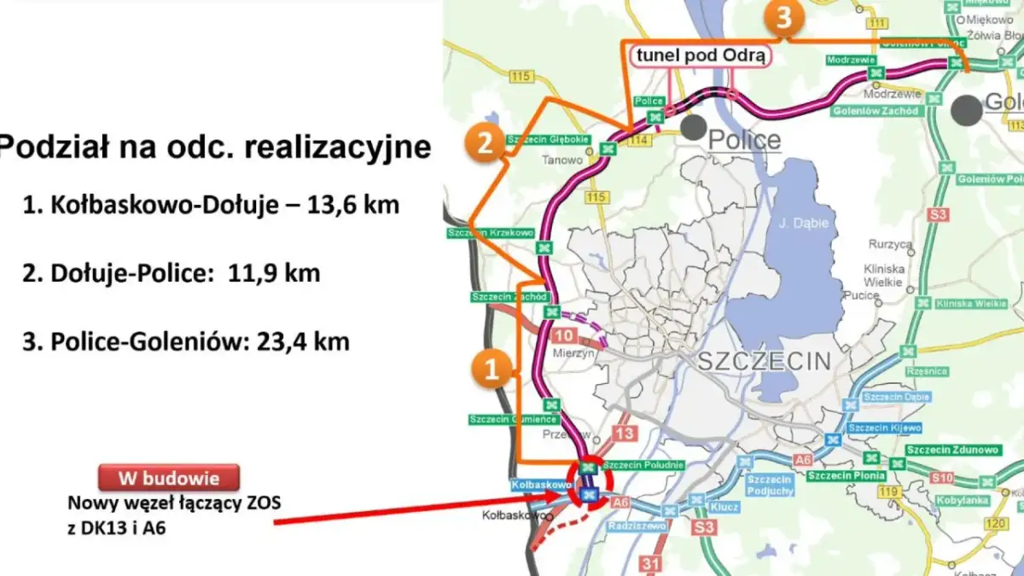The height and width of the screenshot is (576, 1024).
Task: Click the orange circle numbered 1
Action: point(491,369)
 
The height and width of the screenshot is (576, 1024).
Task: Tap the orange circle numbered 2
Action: point(485,143)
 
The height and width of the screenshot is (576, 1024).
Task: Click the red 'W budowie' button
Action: point(168,478)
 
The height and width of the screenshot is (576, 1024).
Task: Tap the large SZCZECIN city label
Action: point(764,361)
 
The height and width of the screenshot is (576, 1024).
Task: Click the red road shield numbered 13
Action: point(625,434)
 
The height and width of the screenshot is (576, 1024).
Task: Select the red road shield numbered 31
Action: point(650,563)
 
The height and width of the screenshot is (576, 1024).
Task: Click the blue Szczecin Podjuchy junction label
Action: point(770,486)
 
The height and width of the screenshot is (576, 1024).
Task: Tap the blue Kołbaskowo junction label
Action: point(541,485)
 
